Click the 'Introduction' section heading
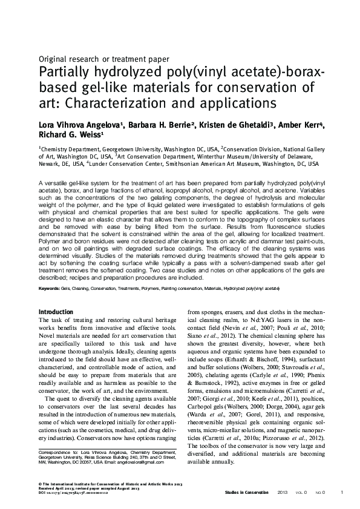pyautogui.click(x=56, y=312)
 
